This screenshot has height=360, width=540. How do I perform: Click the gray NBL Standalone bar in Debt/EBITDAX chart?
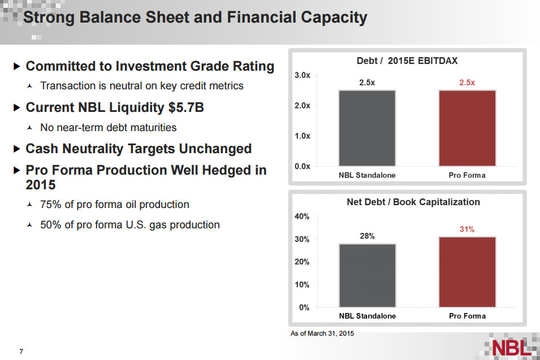pyautogui.click(x=367, y=128)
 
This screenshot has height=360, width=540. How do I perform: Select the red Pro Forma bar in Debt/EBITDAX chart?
pyautogui.click(x=467, y=128)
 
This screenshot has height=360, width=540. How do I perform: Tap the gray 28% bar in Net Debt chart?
pyautogui.click(x=367, y=275)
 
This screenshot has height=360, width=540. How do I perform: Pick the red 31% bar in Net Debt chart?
pyautogui.click(x=467, y=272)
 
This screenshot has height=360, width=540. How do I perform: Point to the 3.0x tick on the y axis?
pyautogui.click(x=303, y=76)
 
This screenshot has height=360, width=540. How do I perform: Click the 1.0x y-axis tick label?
pyautogui.click(x=303, y=136)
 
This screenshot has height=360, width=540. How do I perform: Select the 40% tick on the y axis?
pyautogui.click(x=302, y=216)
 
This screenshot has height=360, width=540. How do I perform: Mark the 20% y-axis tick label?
pyautogui.click(x=302, y=262)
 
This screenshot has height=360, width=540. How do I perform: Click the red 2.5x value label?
pyautogui.click(x=467, y=83)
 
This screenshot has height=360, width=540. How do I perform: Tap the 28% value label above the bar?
pyautogui.click(x=367, y=236)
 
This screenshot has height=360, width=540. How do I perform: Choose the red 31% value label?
pyautogui.click(x=467, y=229)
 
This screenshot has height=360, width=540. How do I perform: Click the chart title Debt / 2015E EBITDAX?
pyautogui.click(x=407, y=61)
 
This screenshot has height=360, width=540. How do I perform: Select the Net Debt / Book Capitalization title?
pyautogui.click(x=413, y=202)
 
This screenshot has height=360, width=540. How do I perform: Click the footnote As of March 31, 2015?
pyautogui.click(x=322, y=334)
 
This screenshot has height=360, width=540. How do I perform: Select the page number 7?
pyautogui.click(x=21, y=352)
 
